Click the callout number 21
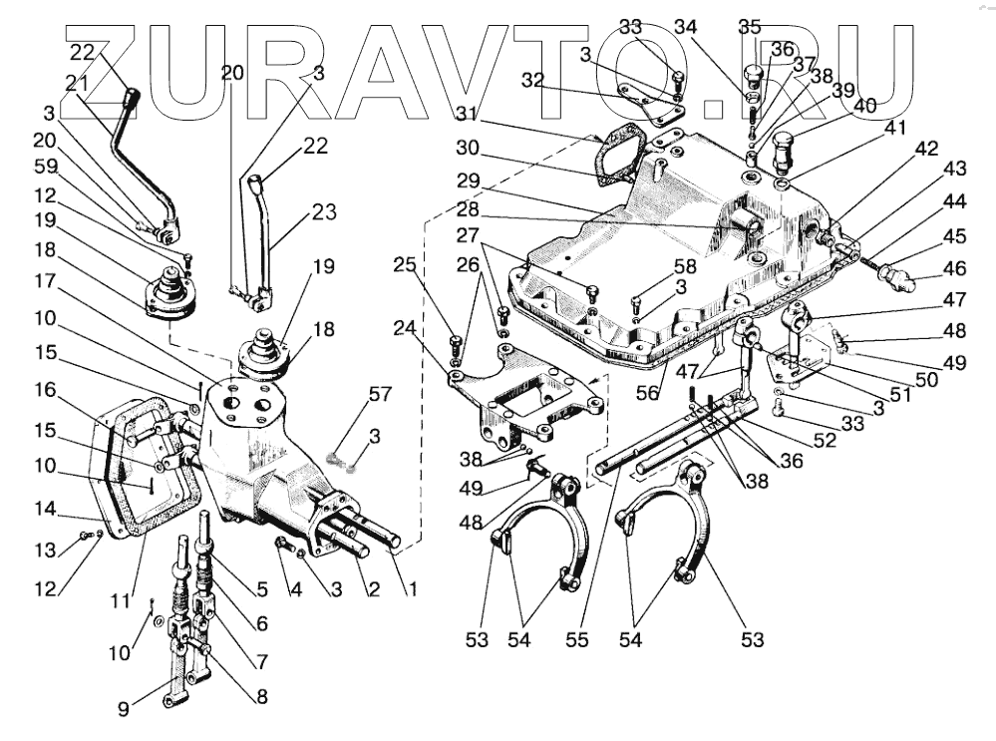pyautogui.click(x=77, y=84)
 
